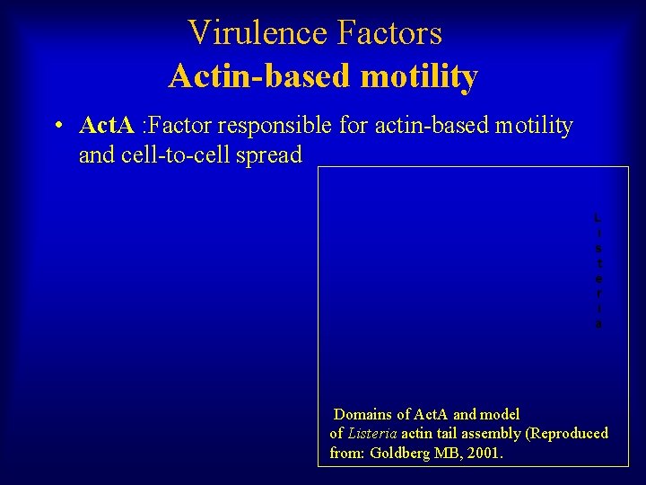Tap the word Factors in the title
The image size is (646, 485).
click(x=390, y=33)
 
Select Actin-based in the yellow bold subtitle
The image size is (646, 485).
click(x=260, y=76)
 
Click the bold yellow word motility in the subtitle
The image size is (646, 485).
click(x=419, y=76)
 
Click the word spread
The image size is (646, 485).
click(x=271, y=155)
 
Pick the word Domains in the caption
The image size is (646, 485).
click(x=362, y=415)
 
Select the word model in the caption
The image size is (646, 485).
click(x=500, y=415)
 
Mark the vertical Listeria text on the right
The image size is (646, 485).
click(x=598, y=270)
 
